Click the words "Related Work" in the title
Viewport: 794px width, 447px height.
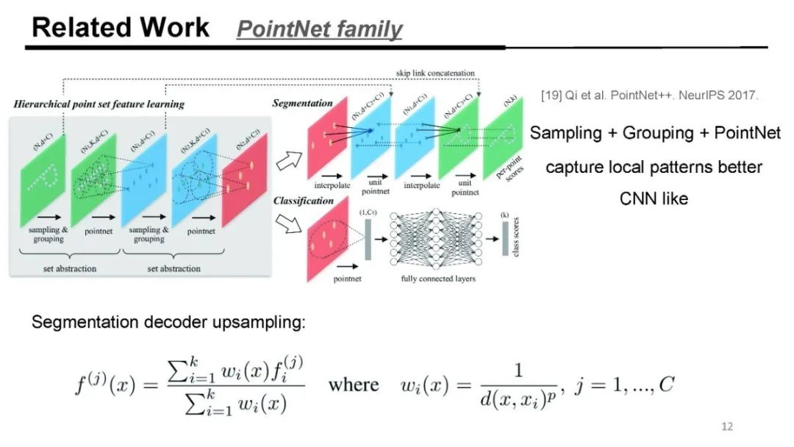pos(121,27)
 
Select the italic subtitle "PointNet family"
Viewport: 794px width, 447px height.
pos(319,29)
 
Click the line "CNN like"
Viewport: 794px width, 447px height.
pos(654,199)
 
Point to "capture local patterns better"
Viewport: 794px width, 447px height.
pos(654,166)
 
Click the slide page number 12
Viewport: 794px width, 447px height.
pos(727,427)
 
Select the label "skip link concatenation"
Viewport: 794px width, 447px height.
pos(435,74)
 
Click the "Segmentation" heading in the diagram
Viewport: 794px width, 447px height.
pos(302,104)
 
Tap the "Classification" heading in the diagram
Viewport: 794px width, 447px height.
pos(304,200)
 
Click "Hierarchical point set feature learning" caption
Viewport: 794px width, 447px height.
pos(99,104)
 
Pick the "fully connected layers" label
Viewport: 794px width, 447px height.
pos(439,279)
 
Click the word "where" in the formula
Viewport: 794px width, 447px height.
pos(353,385)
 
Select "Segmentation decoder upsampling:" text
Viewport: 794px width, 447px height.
pos(168,323)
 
